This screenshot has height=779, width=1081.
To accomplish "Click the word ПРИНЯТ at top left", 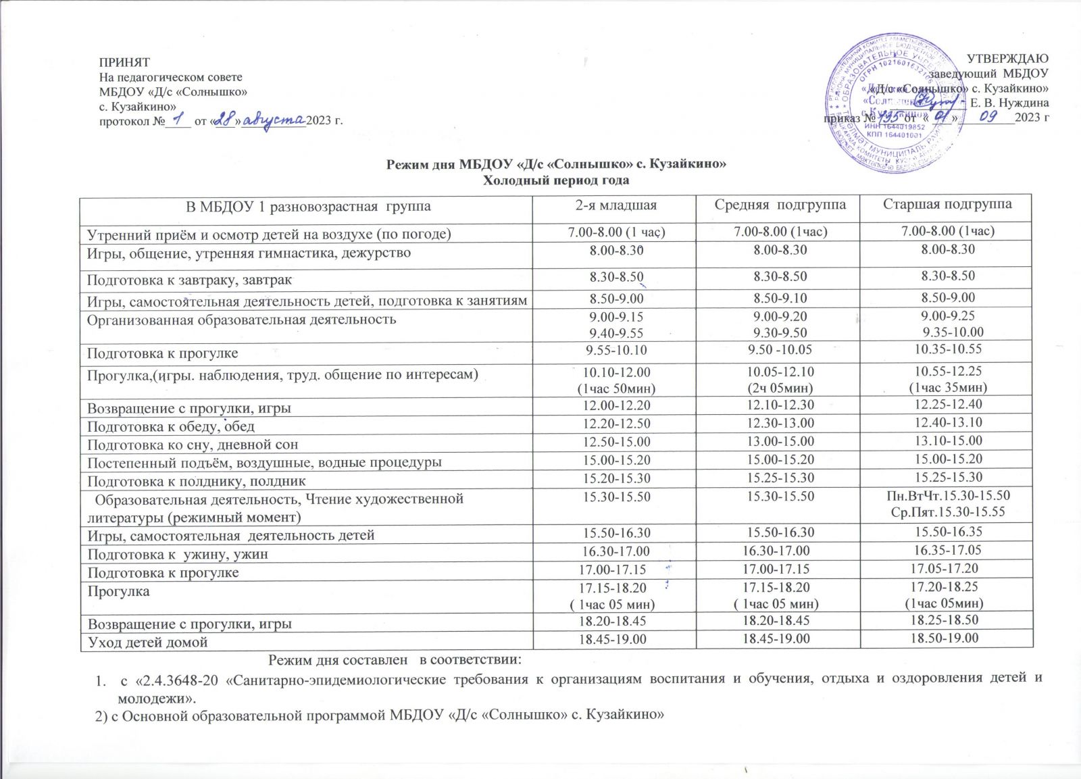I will click(124, 62).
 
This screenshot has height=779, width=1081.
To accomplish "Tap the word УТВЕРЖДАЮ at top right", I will click(1008, 59).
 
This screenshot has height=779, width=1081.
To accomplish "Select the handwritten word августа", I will click(272, 120).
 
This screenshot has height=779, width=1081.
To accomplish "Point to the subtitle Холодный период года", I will click(555, 180).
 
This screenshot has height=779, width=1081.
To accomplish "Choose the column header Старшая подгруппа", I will click(947, 204).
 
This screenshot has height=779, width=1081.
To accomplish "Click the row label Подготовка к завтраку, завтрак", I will click(189, 279).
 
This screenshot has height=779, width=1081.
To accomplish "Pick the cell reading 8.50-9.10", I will click(780, 298).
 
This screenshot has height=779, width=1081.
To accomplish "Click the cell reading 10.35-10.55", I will click(948, 349).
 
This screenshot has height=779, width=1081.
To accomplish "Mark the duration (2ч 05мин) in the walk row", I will click(780, 388).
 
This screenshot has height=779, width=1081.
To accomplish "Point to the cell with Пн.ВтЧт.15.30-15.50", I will click(948, 496).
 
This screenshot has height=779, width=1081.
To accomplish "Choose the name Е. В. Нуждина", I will click(1009, 103).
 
